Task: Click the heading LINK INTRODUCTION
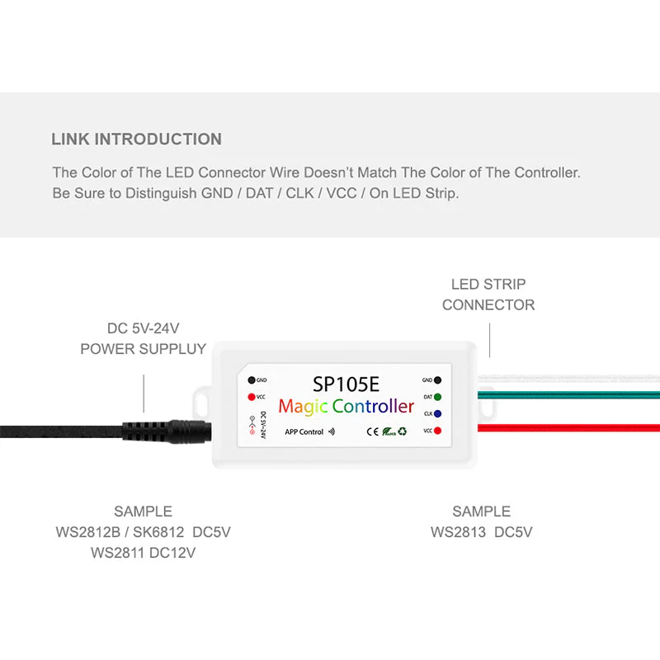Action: [x=136, y=139]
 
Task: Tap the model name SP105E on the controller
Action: [x=346, y=384]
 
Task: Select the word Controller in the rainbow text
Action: [x=373, y=406]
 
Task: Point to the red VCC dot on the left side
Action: [x=251, y=397]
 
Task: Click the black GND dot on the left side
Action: [x=251, y=380]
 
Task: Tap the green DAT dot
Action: [x=436, y=397]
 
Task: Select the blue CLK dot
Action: [x=436, y=413]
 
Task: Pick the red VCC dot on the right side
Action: [x=436, y=431]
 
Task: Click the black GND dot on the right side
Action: [x=436, y=380]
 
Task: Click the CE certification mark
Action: [x=372, y=431]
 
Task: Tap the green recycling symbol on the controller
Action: [x=402, y=431]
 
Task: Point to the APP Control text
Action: [x=304, y=431]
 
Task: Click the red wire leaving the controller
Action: [x=569, y=427]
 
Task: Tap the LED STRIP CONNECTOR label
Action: [x=488, y=295]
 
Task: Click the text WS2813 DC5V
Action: [x=481, y=532]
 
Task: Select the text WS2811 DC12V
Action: [x=143, y=553]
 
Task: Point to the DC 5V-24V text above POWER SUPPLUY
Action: [x=143, y=328]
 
